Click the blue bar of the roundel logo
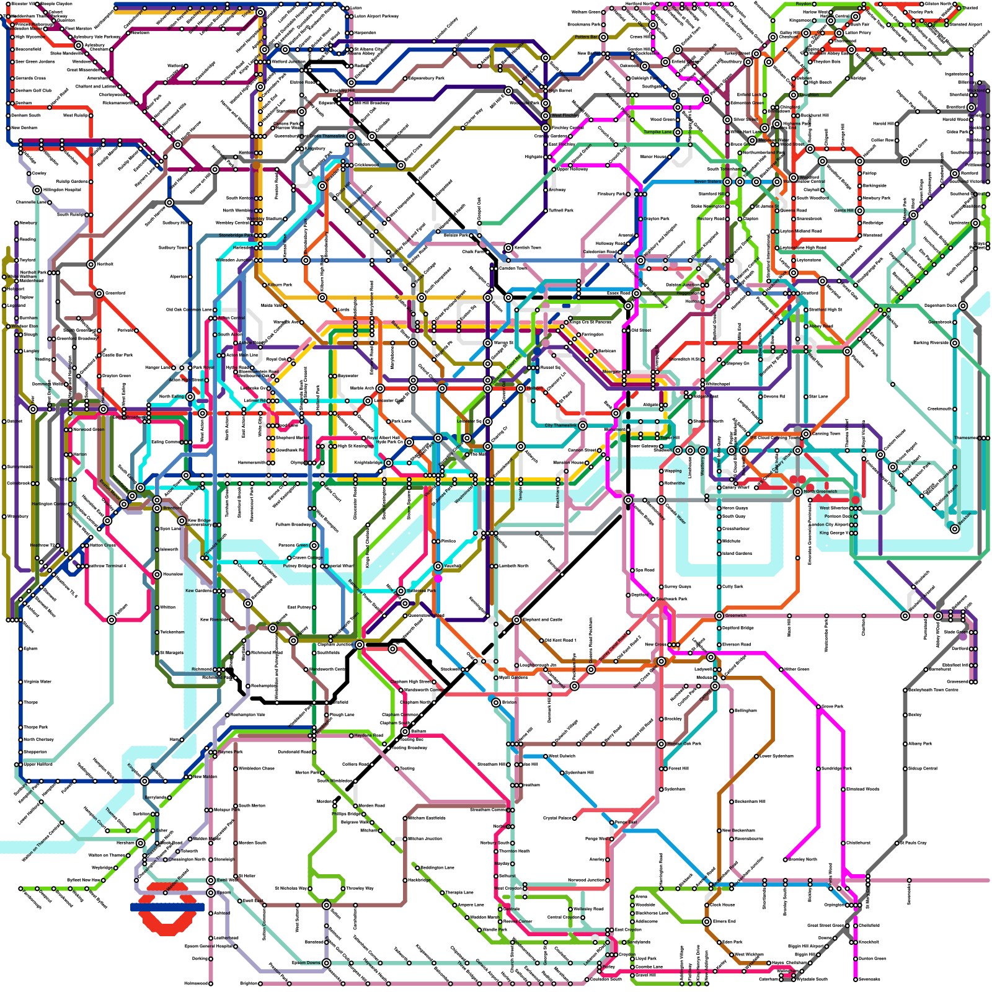click(167, 906)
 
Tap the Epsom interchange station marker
click(211, 893)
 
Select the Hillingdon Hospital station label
click(62, 190)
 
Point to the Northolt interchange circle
click(91, 265)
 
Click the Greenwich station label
click(736, 616)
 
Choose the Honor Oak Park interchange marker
click(662, 743)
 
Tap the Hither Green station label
click(797, 670)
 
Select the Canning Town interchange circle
click(805, 434)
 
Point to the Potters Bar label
click(586, 37)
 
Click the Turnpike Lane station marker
click(678, 132)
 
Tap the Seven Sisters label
click(707, 182)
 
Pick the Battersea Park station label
click(422, 591)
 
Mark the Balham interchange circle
click(405, 732)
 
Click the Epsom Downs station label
click(306, 963)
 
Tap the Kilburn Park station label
click(280, 285)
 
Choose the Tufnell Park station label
click(561, 210)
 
